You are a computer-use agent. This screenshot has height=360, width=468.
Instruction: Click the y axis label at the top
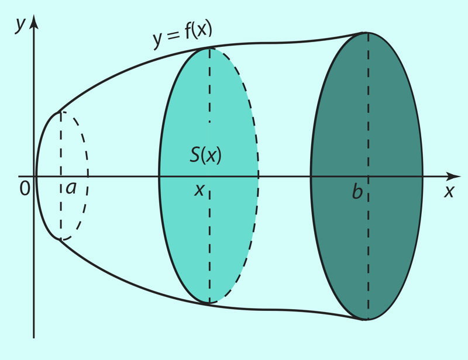point(20,25)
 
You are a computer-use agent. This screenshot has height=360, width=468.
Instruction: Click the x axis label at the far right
point(449,191)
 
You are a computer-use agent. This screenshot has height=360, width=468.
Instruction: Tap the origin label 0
point(25,189)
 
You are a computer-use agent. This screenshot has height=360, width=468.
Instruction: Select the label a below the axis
point(71,188)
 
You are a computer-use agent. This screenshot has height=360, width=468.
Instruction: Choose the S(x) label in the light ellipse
point(206,155)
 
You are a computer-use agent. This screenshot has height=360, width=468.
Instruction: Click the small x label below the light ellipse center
point(199,190)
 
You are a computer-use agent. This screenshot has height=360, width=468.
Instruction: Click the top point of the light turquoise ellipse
point(209,48)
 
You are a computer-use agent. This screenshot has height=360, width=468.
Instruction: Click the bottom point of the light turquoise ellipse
point(209,304)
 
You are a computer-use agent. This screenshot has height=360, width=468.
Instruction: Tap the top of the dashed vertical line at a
point(61,112)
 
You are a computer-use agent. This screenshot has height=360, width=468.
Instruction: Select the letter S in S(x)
point(195,155)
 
